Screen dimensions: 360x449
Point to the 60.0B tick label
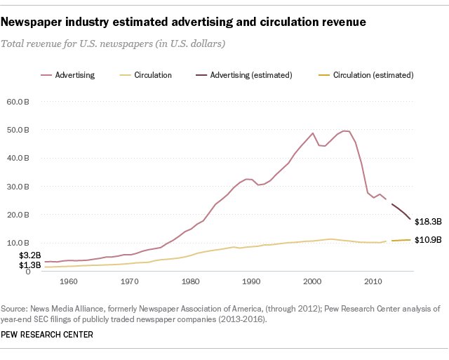[x=18, y=102]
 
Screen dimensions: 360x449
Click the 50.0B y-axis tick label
[x=18, y=130]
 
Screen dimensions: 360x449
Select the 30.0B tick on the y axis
[x=18, y=187]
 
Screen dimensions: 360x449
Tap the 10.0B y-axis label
[x=18, y=243]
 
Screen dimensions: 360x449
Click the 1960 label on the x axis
[x=68, y=281]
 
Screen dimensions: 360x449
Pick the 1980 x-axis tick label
[x=190, y=281]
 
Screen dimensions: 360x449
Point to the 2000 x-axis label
[x=312, y=281]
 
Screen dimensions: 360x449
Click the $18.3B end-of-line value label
[x=427, y=222]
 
